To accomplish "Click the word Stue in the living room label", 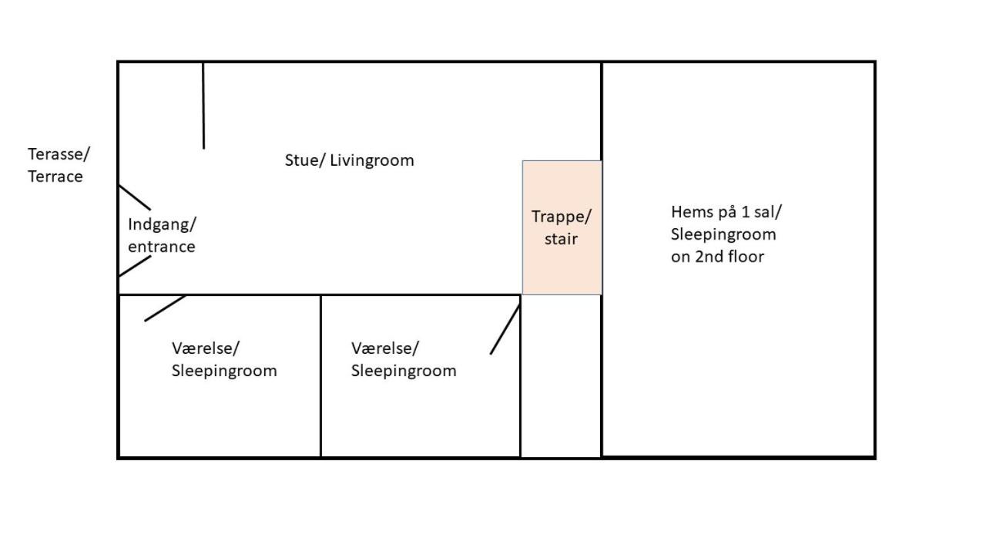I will point(299,160).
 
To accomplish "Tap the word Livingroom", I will point(372,160).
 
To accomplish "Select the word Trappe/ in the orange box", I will point(562,216).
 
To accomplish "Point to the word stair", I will point(561,239).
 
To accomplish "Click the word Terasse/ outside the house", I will point(59,153).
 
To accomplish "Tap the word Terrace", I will point(55,177).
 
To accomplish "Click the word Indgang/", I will point(162,224).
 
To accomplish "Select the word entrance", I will point(162,247).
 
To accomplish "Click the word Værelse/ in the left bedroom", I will point(205,348).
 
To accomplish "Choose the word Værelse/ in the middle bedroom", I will point(385,348).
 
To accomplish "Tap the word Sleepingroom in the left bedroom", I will point(224,371).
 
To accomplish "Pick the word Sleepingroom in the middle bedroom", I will point(404,371).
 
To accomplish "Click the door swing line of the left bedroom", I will point(165,308).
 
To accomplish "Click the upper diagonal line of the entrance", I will point(135,197).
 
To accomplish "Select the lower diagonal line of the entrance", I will point(135,266).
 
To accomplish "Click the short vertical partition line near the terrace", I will point(203,106).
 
